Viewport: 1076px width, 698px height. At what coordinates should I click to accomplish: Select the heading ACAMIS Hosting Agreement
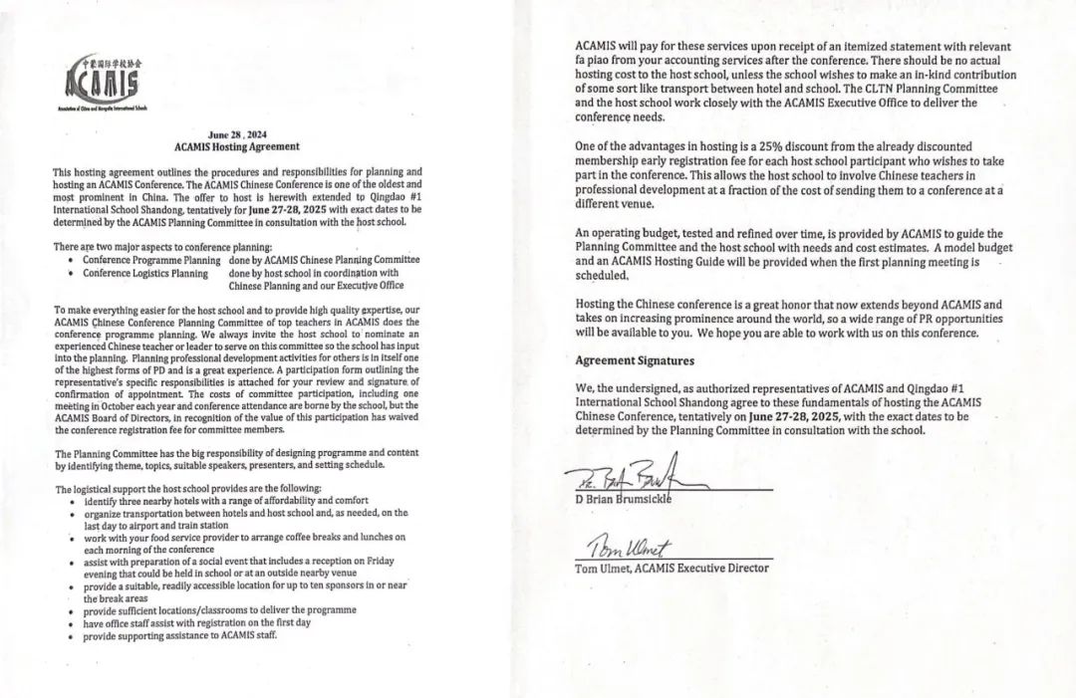[236, 146]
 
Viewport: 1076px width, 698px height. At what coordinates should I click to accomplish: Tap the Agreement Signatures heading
[634, 360]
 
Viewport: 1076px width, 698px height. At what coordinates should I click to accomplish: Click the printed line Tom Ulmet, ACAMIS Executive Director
[672, 568]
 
